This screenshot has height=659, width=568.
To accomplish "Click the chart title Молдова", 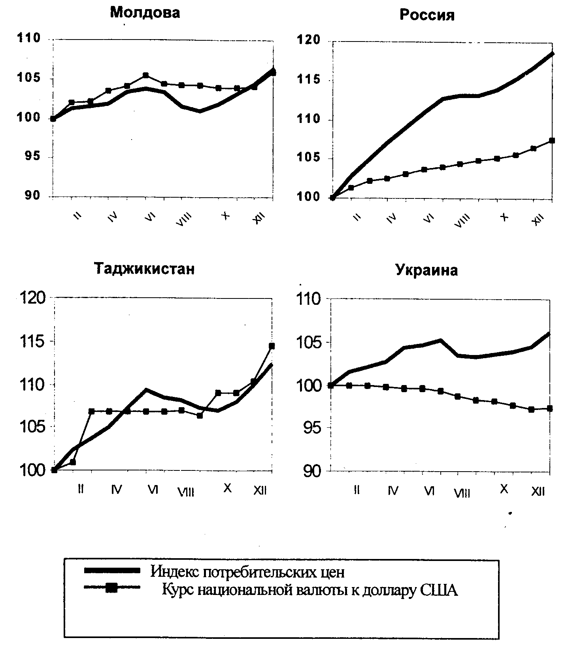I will tap(145, 13).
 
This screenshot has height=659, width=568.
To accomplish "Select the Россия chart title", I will tap(427, 15).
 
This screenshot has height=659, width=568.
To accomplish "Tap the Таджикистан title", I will tap(144, 269).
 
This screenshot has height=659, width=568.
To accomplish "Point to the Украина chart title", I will tap(426, 270).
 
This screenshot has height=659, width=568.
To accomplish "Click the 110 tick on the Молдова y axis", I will tap(28, 38).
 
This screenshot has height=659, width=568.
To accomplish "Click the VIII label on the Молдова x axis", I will tap(183, 219).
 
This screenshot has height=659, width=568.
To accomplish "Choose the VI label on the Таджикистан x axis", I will tap(153, 490).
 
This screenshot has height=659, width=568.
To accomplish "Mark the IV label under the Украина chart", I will tap(393, 491).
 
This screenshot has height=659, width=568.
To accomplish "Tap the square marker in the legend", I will tap(112, 588).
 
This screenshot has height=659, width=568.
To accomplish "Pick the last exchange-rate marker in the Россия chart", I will tap(552, 141).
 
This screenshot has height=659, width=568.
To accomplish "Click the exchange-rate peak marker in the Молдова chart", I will tap(146, 75).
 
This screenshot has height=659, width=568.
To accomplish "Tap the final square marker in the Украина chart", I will tap(549, 408).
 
